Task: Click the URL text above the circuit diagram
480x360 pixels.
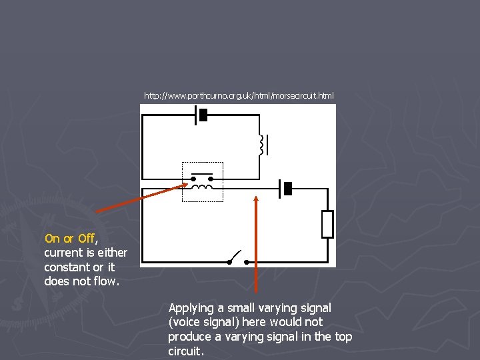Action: (239, 96)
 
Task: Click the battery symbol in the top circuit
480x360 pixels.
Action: (201, 115)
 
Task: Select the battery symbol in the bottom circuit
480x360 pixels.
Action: (285, 189)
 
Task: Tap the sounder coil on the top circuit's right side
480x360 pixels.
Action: (262, 143)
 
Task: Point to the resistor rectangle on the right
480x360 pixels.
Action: (327, 224)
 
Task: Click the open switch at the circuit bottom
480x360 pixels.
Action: (233, 258)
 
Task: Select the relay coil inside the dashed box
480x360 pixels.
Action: (202, 188)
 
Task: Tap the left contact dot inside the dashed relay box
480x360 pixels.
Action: (193, 179)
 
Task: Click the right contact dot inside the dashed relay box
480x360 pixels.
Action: (213, 179)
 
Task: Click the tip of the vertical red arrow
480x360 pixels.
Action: (257, 195)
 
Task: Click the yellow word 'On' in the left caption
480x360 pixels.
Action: (51, 239)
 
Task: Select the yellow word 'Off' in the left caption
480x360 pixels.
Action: (86, 239)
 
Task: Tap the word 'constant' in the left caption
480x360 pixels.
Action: (66, 267)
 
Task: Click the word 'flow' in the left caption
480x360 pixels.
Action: (105, 281)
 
